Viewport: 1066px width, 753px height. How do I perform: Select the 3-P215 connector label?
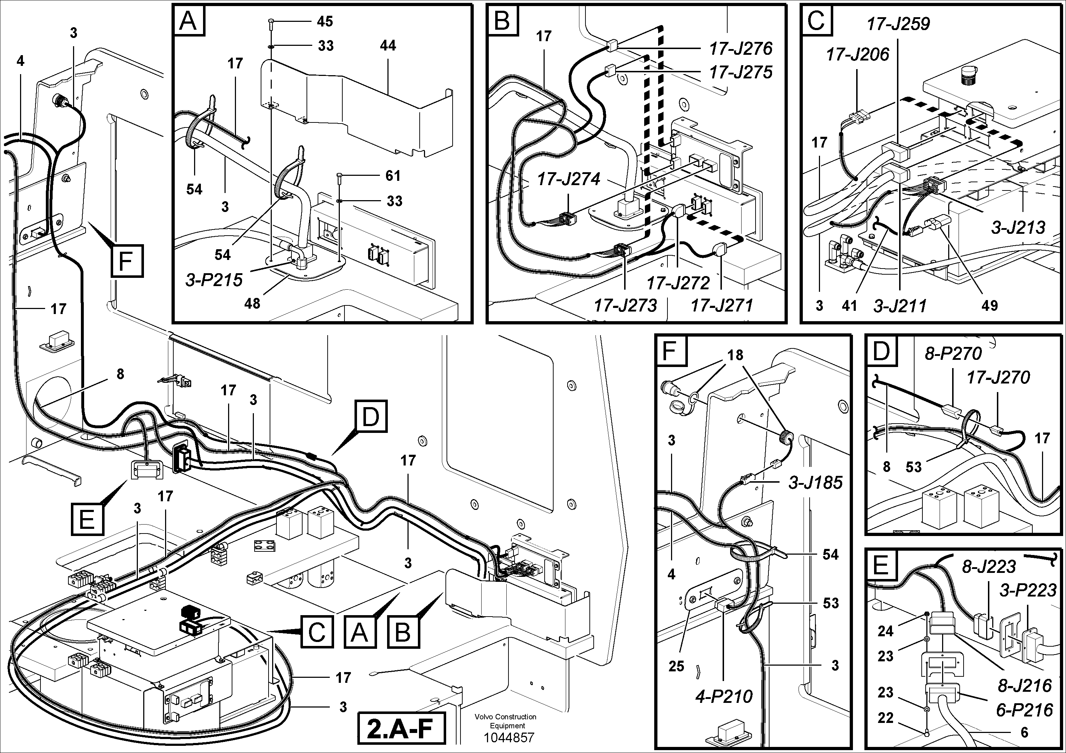pos(214,280)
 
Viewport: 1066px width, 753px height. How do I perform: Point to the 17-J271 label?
pos(722,305)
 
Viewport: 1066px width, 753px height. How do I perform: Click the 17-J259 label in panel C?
pos(898,24)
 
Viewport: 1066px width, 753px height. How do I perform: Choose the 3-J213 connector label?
pos(1018,227)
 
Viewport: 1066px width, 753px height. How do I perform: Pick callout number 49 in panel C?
pos(989,305)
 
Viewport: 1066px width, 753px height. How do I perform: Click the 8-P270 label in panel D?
pos(953,354)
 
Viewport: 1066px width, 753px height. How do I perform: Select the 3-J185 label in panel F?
pos(815,483)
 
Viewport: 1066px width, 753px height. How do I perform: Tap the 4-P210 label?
pos(724,696)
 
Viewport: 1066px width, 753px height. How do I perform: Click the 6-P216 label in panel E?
pos(1024,710)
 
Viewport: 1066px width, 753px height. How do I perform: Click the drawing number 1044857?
pos(509,737)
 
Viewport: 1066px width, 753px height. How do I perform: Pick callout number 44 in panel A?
pos(388,45)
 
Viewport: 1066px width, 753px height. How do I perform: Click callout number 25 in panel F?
pos(676,666)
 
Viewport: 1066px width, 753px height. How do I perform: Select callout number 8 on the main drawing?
pos(120,374)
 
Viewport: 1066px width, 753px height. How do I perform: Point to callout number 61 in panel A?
pos(392,175)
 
